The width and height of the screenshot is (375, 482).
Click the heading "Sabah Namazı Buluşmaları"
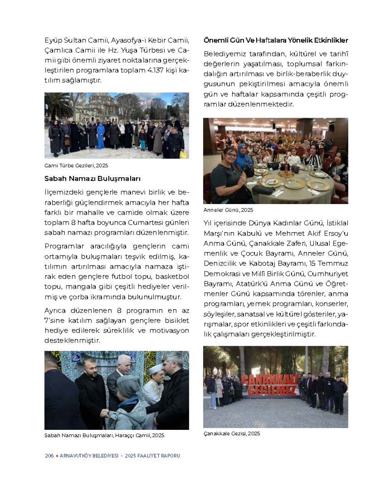pyautogui.click(x=92, y=179)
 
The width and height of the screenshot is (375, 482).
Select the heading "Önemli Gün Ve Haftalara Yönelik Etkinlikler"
pyautogui.click(x=276, y=40)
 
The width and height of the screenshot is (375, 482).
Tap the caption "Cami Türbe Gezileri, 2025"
pyautogui.click(x=76, y=165)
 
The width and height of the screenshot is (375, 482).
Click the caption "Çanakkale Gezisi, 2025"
pyautogui.click(x=231, y=433)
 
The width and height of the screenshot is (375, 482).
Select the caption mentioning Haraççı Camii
pyautogui.click(x=104, y=435)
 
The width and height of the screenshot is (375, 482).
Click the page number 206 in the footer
pyautogui.click(x=49, y=456)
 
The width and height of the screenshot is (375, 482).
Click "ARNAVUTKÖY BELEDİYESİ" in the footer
pyautogui.click(x=89, y=456)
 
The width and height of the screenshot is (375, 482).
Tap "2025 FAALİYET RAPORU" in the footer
pyautogui.click(x=153, y=456)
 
